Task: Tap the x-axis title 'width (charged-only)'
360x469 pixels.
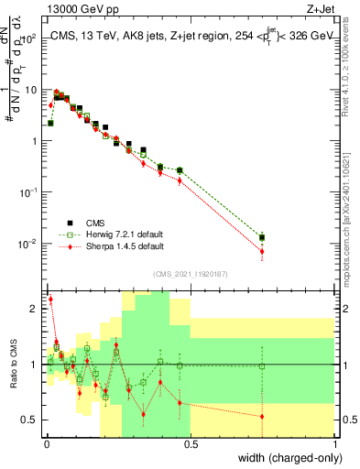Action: [x=285, y=458]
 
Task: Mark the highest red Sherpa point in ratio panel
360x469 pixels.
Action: [x=50, y=299]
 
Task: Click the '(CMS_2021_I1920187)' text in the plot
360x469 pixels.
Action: [x=190, y=274]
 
